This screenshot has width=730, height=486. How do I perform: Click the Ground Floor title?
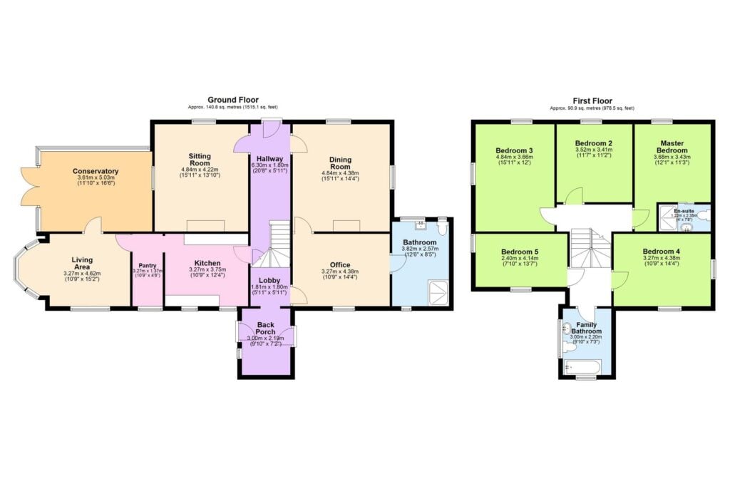tap(233, 100)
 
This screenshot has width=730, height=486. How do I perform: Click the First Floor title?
tap(592, 101)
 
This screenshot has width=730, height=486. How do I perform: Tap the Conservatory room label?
tap(96, 172)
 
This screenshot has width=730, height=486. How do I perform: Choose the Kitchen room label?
tap(207, 262)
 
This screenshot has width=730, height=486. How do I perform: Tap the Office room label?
tap(340, 265)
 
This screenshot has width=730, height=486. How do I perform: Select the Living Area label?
tap(83, 264)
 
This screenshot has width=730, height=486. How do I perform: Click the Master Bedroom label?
tap(672, 147)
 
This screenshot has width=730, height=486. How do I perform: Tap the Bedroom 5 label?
tap(520, 252)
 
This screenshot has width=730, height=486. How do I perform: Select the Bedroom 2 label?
tap(594, 143)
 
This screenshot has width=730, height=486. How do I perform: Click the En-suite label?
tap(686, 212)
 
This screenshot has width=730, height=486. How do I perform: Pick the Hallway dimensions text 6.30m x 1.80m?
tap(270, 165)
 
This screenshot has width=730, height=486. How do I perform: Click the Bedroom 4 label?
tap(662, 252)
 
